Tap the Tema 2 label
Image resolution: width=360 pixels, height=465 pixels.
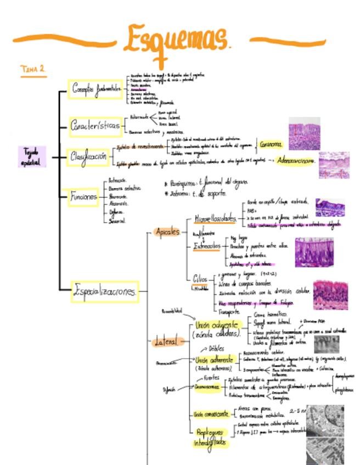pos(33,69)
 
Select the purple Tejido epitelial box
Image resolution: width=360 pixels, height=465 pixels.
pos(32,156)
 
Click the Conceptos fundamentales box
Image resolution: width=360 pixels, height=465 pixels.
pos(95,89)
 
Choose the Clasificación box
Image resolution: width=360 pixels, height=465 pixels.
pos(88,157)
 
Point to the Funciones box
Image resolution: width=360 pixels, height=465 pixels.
pos(84,196)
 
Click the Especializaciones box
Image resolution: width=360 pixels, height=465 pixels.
pos(105,292)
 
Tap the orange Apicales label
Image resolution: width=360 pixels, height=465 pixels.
pos(168,232)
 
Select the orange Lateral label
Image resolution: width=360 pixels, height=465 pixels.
pos(166,342)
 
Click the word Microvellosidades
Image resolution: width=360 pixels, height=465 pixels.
pos(215,219)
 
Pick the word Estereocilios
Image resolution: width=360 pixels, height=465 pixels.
pos(207,247)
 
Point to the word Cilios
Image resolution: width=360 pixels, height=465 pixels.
pos(200,278)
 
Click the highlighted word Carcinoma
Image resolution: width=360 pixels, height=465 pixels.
pos(271,145)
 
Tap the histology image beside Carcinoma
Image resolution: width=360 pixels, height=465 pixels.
pos(304,133)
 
